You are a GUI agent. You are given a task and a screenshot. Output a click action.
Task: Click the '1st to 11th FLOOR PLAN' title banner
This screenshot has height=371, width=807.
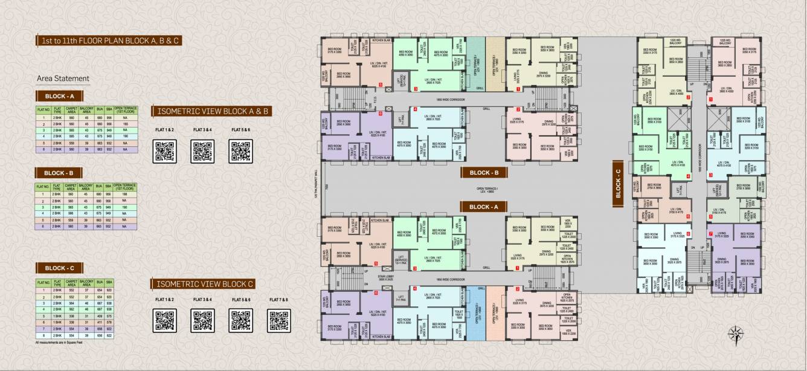(x=109, y=41)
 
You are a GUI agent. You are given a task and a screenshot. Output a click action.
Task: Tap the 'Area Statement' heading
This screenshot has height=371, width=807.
(x=63, y=78)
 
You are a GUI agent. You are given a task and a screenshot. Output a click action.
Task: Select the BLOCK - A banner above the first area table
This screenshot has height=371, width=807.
(x=60, y=96)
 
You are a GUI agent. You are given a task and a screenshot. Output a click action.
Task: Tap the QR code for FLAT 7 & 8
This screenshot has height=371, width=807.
(x=278, y=320)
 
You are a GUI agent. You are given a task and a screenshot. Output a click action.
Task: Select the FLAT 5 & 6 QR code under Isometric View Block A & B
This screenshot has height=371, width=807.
(x=240, y=151)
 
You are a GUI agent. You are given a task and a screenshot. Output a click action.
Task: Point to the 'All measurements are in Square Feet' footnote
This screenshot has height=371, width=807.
(x=66, y=343)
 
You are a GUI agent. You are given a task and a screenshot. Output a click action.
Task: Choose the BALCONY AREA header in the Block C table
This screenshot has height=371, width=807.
(x=84, y=282)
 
